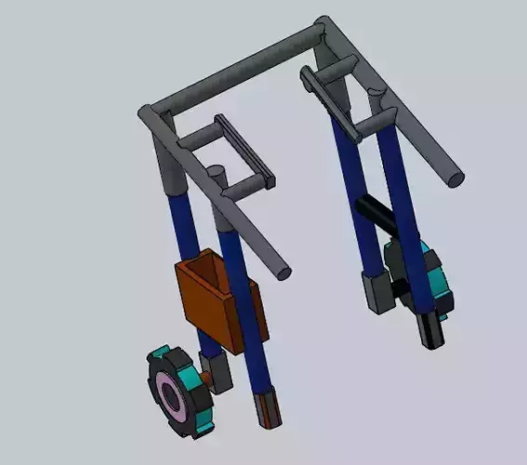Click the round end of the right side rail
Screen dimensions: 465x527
455,177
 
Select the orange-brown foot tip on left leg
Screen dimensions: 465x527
267,410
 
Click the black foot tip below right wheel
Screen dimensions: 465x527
431,330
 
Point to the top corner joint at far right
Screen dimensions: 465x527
324,28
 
